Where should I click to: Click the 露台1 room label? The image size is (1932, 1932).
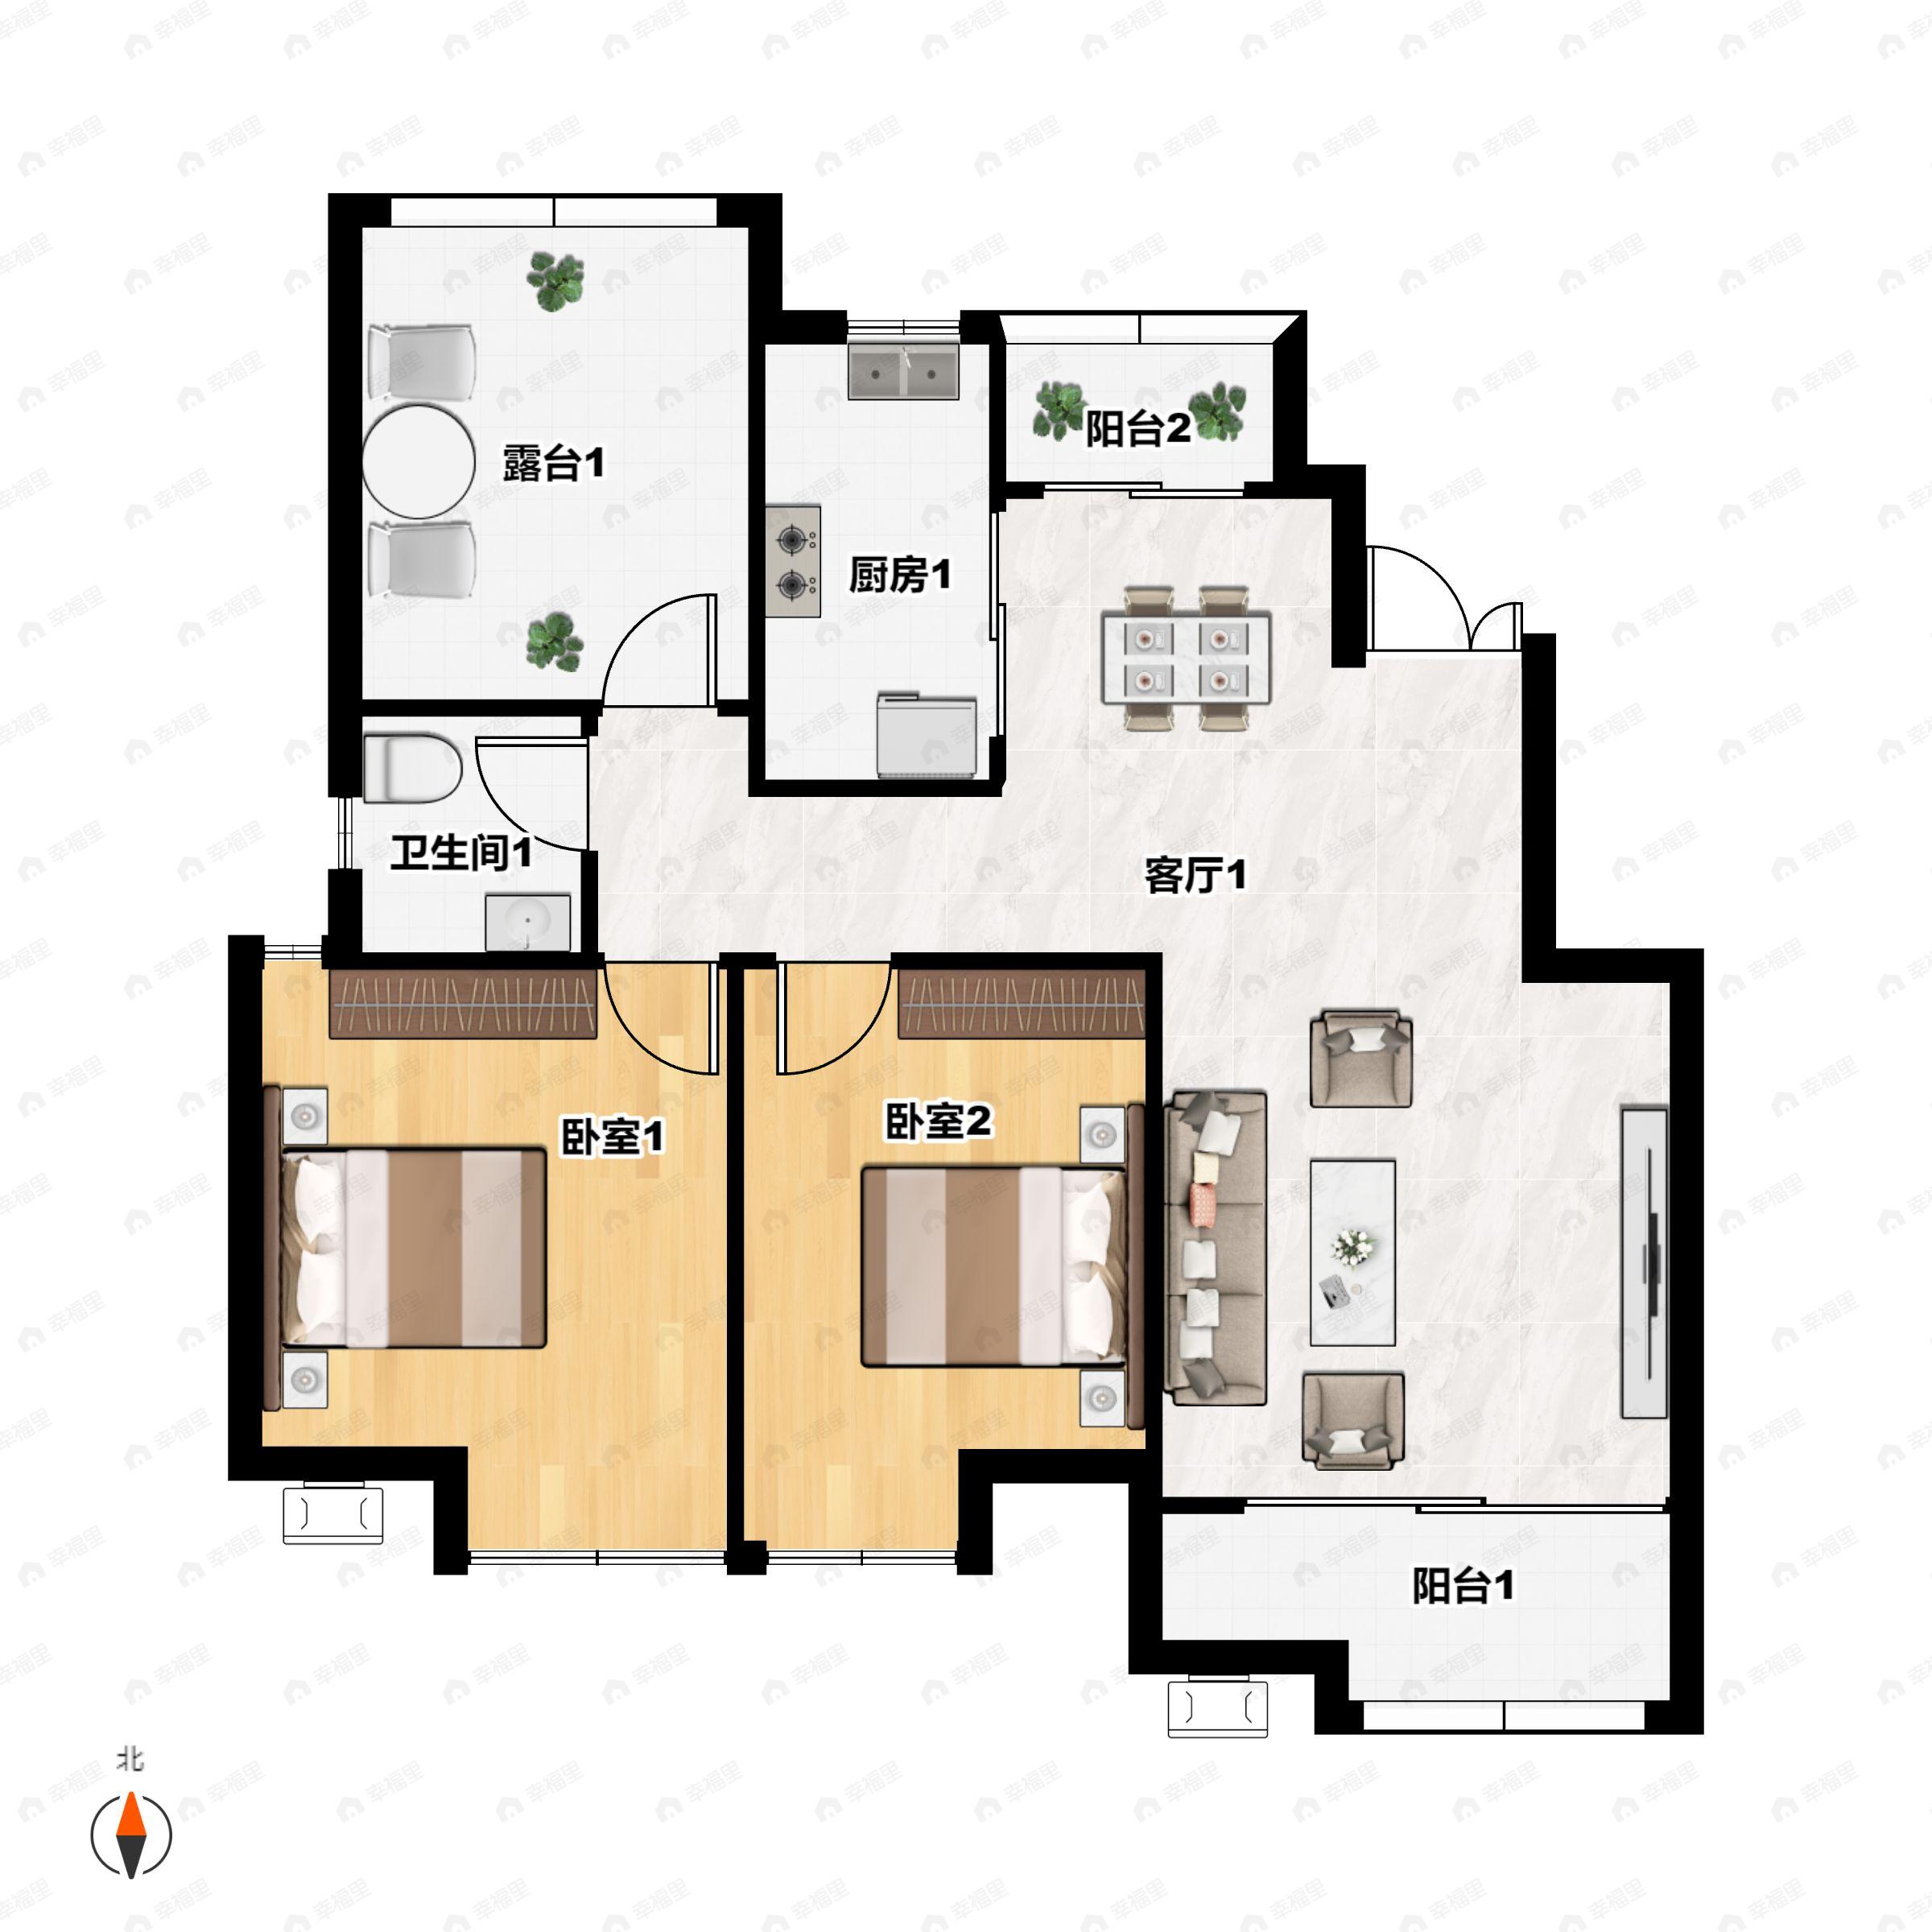pyautogui.click(x=553, y=463)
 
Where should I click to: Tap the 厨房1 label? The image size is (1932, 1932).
pyautogui.click(x=899, y=574)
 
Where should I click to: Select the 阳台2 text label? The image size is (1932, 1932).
pyautogui.click(x=1138, y=429)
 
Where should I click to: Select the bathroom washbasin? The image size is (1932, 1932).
pyautogui.click(x=527, y=922)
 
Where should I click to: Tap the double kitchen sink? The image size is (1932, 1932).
pyautogui.click(x=903, y=372)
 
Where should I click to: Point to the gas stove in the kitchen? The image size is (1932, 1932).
pyautogui.click(x=794, y=561)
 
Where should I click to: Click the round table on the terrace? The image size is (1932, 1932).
pyautogui.click(x=418, y=462)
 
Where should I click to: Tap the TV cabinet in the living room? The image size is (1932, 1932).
pyautogui.click(x=1644, y=1262)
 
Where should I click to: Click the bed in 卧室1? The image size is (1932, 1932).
pyautogui.click(x=405, y=1248)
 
